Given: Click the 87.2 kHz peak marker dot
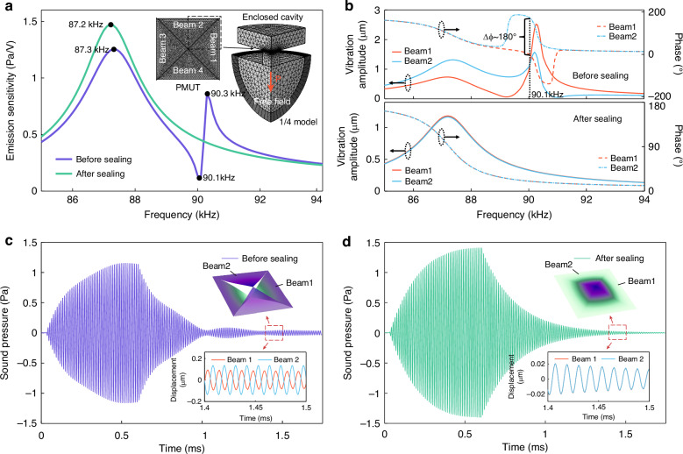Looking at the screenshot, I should (x=110, y=25).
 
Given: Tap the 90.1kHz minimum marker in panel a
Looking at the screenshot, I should (x=198, y=178).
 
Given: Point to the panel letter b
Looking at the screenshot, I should (x=350, y=7).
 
